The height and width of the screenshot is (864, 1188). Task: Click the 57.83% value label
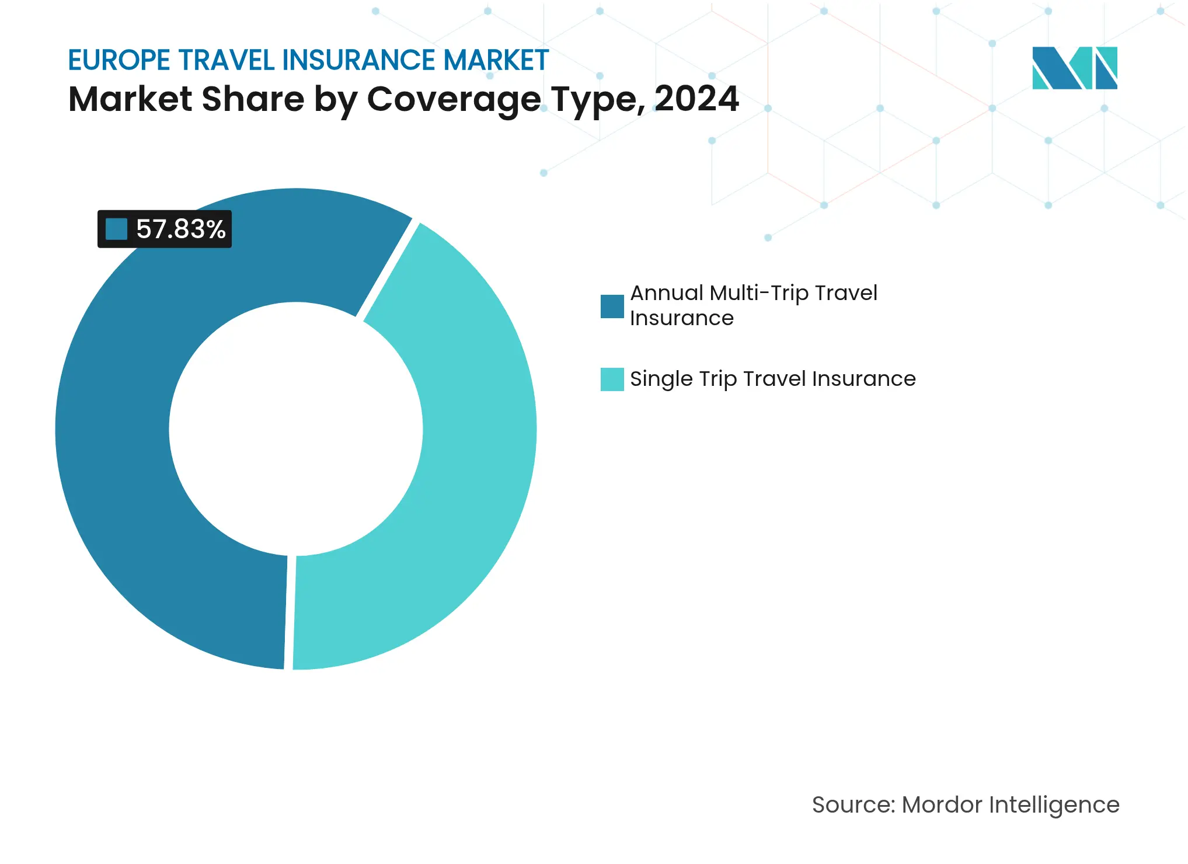(180, 229)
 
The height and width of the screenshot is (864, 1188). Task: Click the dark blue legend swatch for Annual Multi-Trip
(612, 306)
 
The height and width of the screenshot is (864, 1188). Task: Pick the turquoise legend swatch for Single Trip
(612, 379)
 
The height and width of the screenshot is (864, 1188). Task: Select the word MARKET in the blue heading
(496, 61)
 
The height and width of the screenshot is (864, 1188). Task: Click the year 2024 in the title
(696, 99)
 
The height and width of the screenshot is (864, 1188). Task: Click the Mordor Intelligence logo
(1074, 68)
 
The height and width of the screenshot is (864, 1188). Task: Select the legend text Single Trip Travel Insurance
(772, 379)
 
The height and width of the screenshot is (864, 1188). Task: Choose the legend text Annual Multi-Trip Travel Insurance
(753, 305)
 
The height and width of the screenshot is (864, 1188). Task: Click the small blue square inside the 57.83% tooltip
(116, 229)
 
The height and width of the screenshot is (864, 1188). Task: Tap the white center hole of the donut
(296, 429)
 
